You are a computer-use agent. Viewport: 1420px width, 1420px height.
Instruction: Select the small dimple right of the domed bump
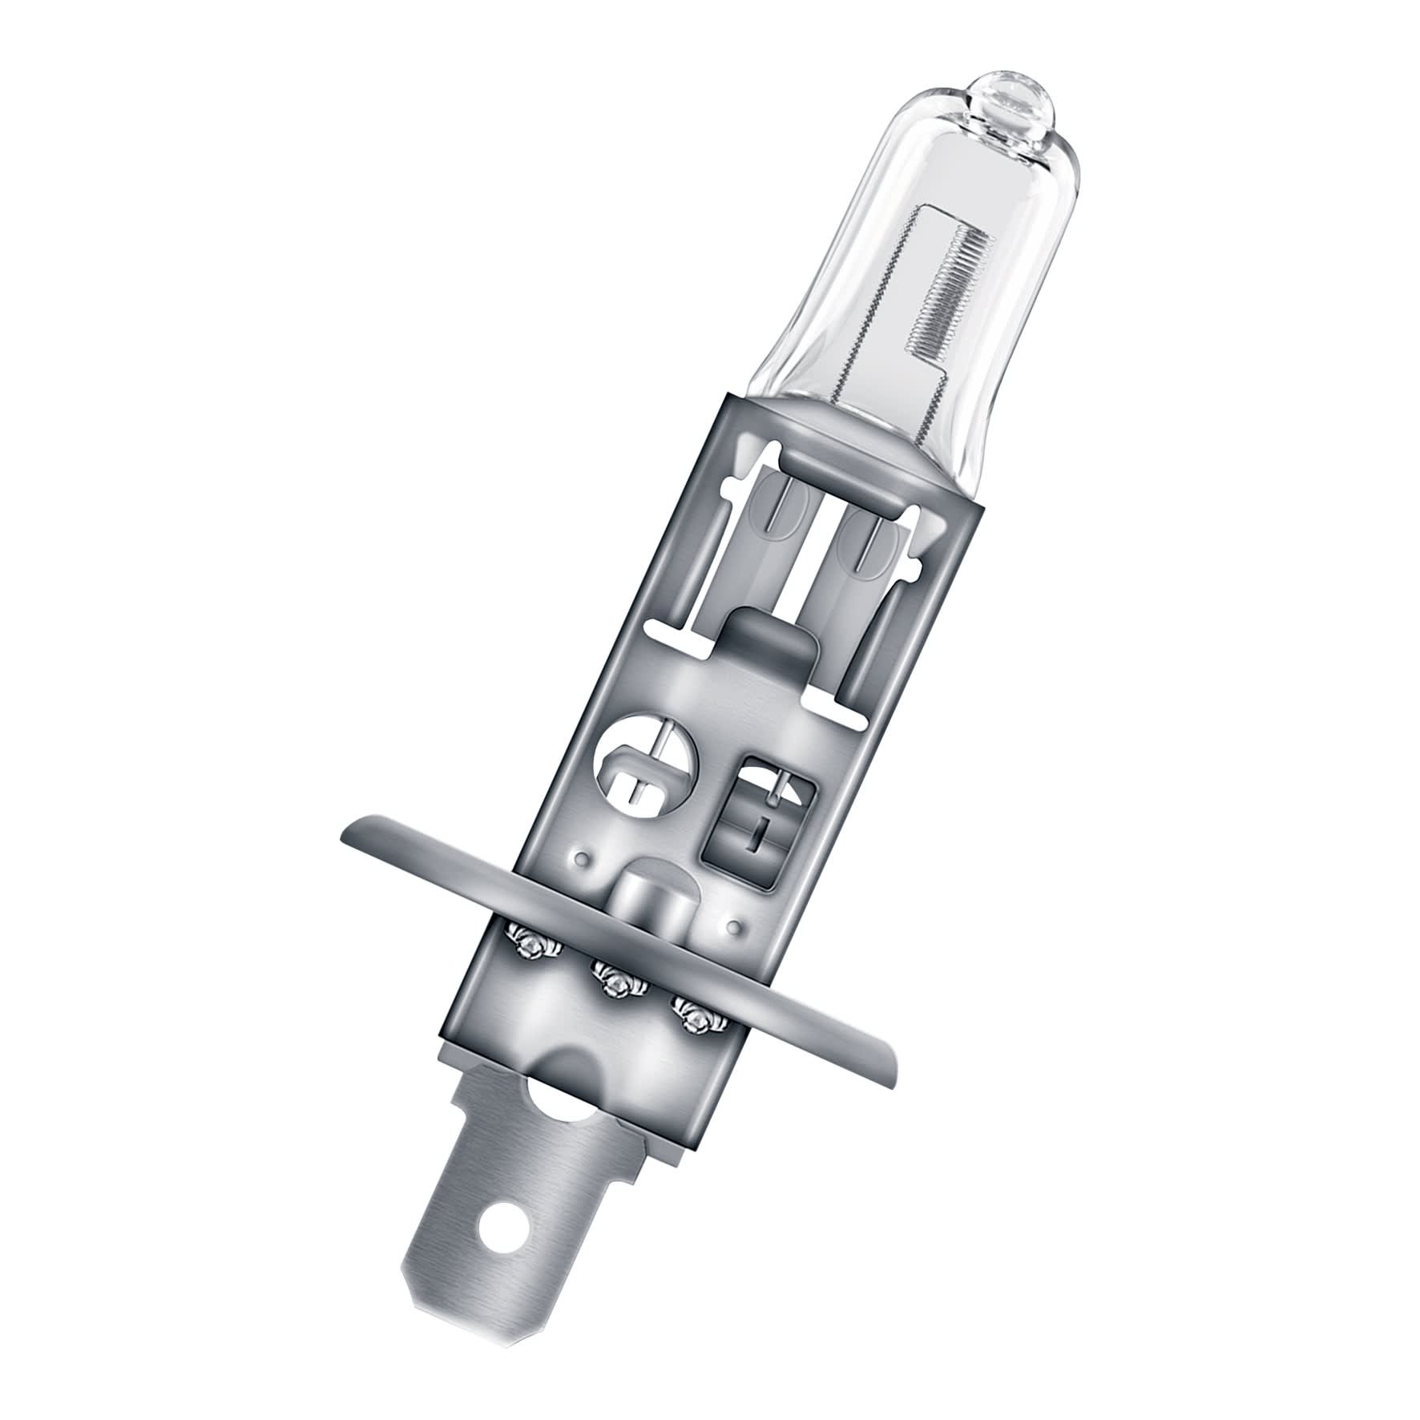[x=731, y=927]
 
